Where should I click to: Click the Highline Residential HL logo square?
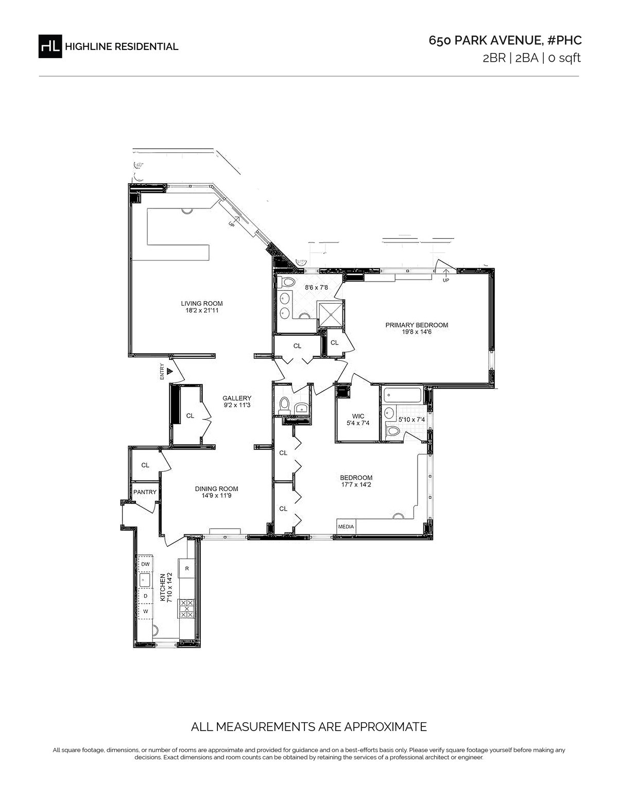[50, 46]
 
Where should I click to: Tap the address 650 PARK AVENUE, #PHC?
[505, 41]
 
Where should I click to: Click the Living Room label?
[201, 303]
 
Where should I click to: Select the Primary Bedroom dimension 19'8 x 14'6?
[417, 332]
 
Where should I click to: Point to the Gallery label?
[237, 398]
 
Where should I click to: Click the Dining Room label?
[216, 489]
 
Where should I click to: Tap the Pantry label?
[145, 492]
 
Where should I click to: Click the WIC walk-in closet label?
[358, 416]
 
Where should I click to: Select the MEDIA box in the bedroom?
[346, 527]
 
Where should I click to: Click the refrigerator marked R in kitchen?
[187, 568]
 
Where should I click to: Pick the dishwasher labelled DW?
[145, 564]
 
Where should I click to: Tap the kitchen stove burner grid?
[186, 609]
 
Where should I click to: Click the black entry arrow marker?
[169, 371]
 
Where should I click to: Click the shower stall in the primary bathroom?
[331, 314]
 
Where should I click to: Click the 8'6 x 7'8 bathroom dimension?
[316, 288]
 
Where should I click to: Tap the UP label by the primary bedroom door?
[446, 280]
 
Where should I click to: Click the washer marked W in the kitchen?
[145, 612]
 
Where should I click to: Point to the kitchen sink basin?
[144, 580]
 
